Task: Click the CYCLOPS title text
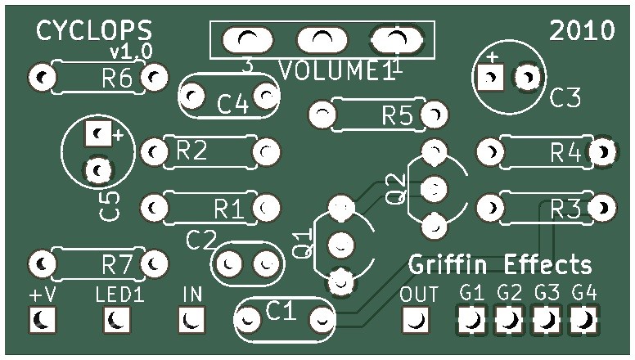(94, 31)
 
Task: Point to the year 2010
(582, 31)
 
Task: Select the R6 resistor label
(117, 79)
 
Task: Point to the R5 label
(397, 116)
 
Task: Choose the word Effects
(547, 265)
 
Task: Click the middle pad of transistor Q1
(341, 244)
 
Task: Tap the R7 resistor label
(117, 264)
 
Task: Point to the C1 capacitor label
(281, 310)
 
